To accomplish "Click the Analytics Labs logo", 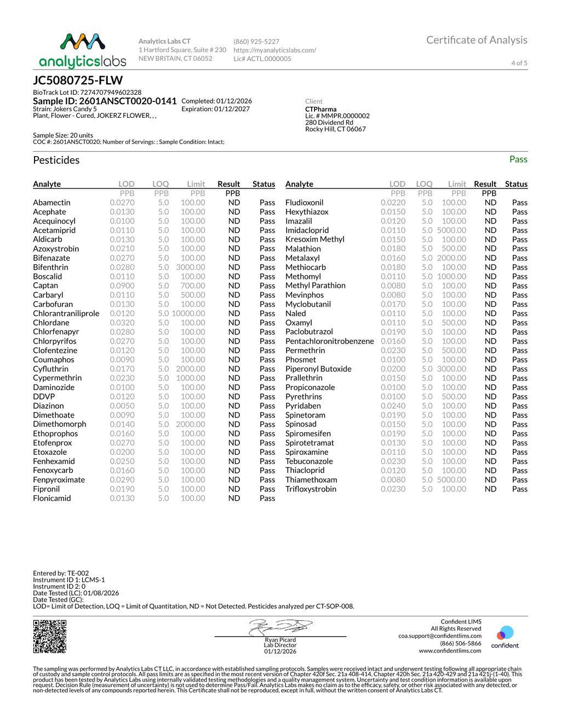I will (83, 50).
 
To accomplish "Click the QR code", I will (50, 636).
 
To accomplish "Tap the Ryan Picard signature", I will (280, 628).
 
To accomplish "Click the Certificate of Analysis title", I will (477, 40).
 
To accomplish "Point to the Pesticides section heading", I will (56, 160).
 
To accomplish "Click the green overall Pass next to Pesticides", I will (518, 159).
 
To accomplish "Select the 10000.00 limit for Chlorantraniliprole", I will (188, 313).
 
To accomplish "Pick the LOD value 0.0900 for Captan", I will (122, 285).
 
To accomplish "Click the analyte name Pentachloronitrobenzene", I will (329, 341).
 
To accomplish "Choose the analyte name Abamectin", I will (51, 202).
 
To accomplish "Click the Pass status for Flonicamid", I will (267, 498).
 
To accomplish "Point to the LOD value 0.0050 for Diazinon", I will (122, 405).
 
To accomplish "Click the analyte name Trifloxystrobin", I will (311, 489).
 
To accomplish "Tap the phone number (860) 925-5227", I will (256, 42).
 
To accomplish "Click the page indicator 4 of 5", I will (519, 63).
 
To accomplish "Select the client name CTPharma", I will (321, 109).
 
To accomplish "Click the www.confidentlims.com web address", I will (450, 651).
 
